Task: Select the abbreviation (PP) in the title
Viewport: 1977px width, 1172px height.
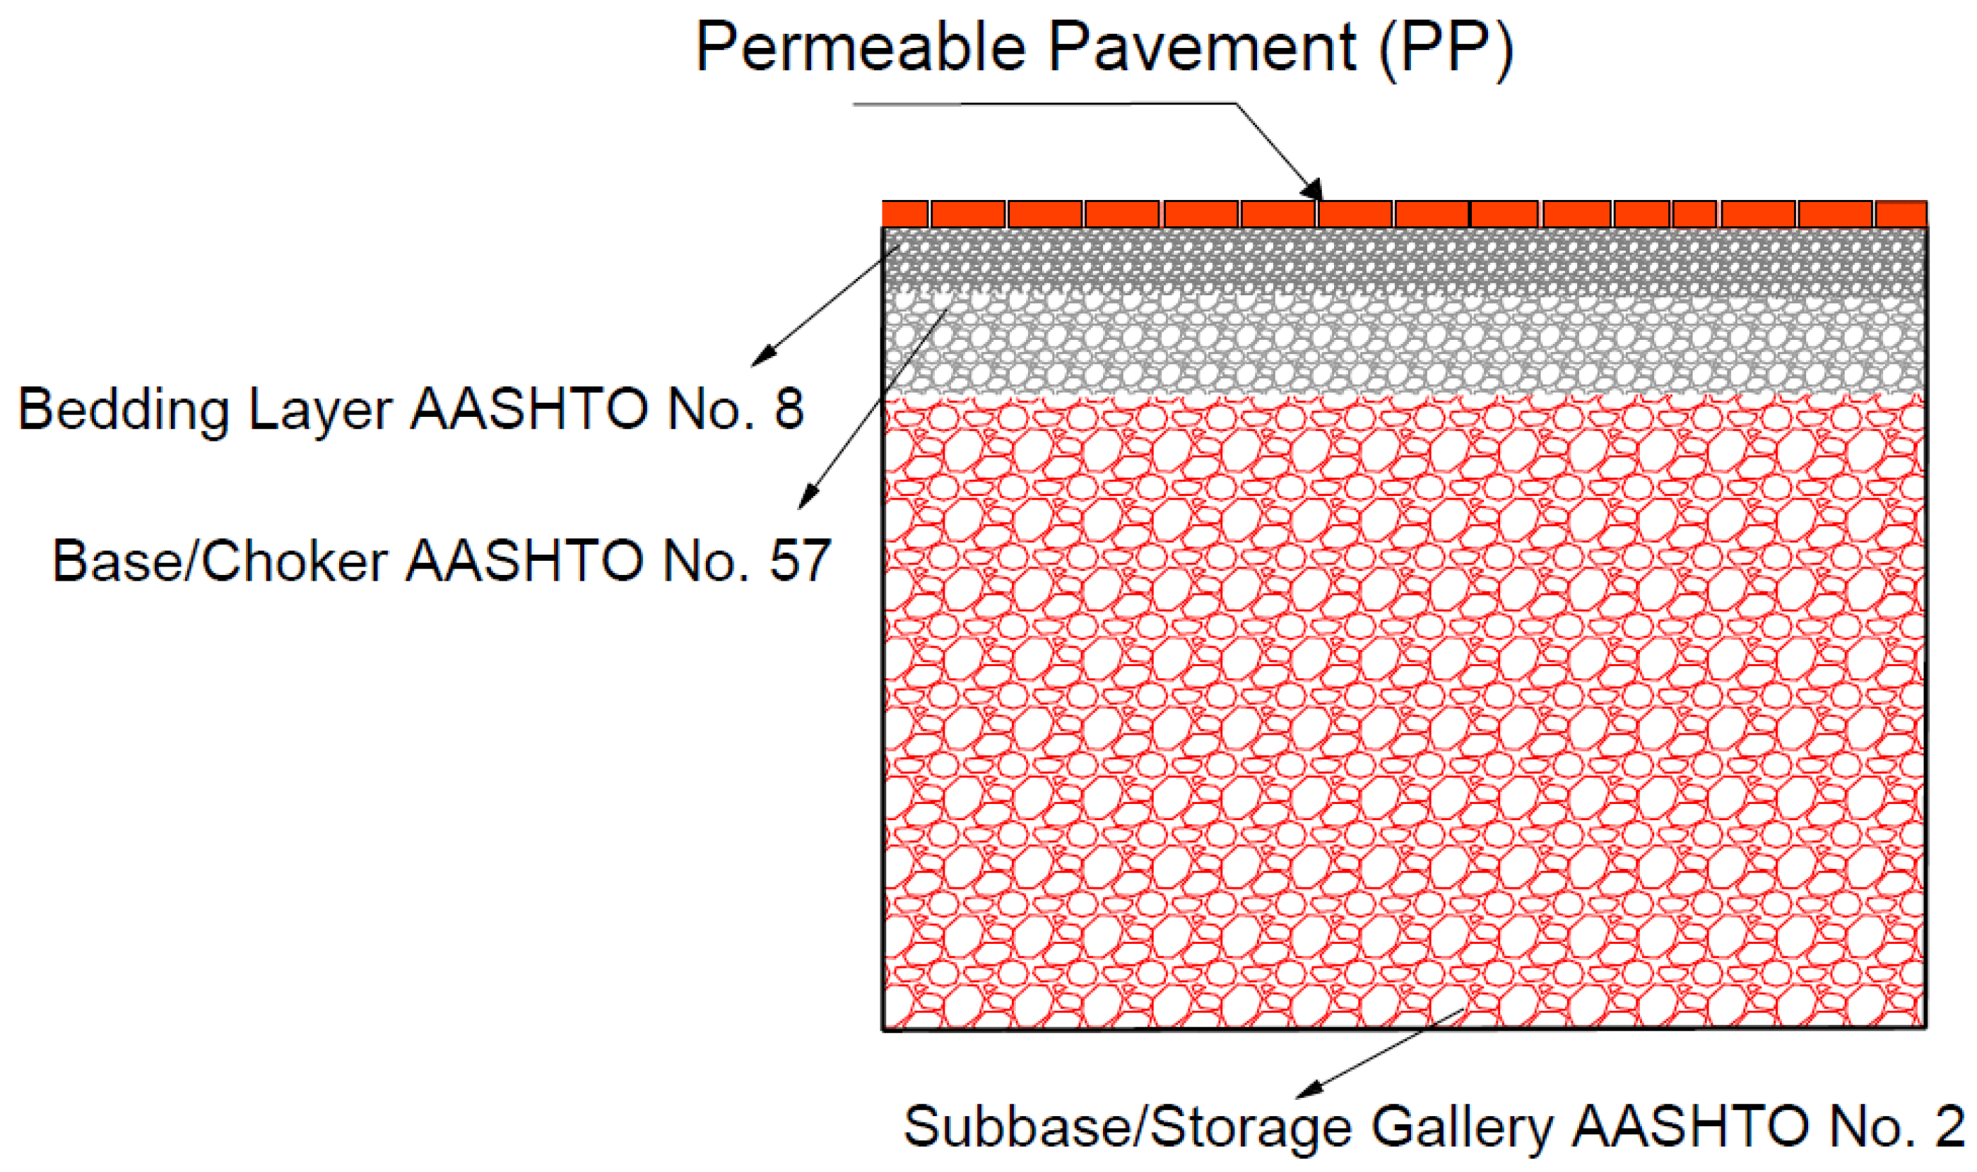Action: (1446, 49)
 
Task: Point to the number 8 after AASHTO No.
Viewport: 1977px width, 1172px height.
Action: (789, 409)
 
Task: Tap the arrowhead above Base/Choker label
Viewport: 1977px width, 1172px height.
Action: (806, 498)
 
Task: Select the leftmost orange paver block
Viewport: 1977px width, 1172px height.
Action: (904, 214)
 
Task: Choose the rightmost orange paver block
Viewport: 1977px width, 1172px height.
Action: (1901, 215)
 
